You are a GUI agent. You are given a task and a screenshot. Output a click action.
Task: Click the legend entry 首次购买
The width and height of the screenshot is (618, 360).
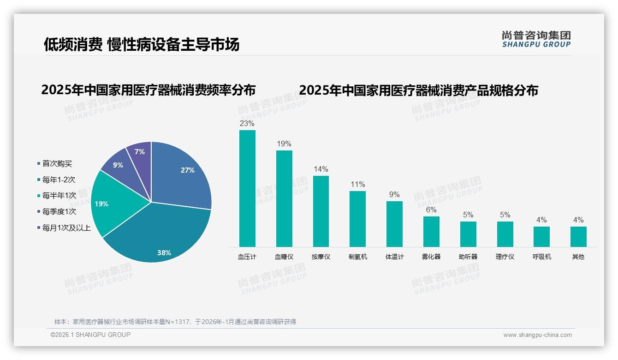point(57,164)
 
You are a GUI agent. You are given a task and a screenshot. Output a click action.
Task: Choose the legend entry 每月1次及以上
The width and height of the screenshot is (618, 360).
point(66,228)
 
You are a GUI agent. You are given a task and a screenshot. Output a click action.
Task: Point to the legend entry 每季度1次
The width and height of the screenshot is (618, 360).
point(59,212)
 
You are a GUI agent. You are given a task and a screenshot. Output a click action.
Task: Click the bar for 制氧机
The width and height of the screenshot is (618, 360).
point(357,219)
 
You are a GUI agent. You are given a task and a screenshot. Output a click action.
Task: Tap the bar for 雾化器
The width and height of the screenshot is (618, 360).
point(431,231)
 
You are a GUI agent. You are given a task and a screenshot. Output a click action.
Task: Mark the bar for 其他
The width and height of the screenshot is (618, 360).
point(578,236)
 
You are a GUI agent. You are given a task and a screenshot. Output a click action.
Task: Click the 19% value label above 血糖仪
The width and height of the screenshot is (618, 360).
point(284,144)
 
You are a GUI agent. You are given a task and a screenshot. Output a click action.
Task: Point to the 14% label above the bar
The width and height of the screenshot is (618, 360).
point(321,169)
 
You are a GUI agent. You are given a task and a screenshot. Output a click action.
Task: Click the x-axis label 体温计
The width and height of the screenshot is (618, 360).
point(394,257)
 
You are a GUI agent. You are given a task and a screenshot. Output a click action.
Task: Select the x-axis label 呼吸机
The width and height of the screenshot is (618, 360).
point(541,257)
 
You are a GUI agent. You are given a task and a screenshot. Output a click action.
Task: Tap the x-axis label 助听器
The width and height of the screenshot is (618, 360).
point(468,257)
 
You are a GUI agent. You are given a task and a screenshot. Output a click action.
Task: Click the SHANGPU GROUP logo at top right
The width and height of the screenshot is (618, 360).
point(536,39)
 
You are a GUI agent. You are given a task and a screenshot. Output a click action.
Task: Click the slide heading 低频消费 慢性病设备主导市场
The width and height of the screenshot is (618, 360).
point(142,44)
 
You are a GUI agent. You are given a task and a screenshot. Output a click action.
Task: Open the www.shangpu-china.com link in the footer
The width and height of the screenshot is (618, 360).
point(537,335)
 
